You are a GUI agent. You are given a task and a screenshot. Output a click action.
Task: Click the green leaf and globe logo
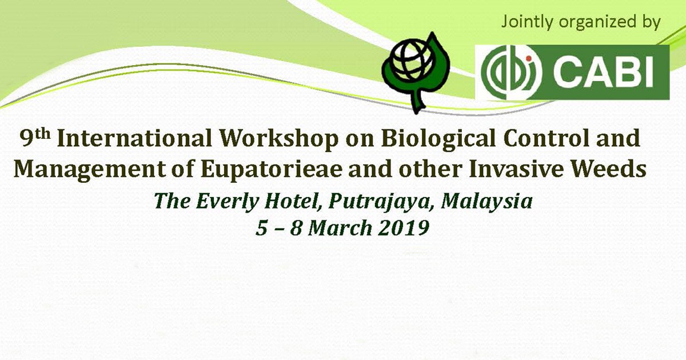coord(416,73)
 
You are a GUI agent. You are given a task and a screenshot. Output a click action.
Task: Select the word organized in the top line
coord(597,23)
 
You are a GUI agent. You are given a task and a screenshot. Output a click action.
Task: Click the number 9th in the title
coord(35,138)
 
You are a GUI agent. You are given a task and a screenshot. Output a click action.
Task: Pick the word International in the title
coord(134,138)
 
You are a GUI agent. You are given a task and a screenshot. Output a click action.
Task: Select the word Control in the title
coord(546,138)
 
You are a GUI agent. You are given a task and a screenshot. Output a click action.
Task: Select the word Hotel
coord(293,202)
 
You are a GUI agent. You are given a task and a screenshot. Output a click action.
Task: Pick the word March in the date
coord(340,229)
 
